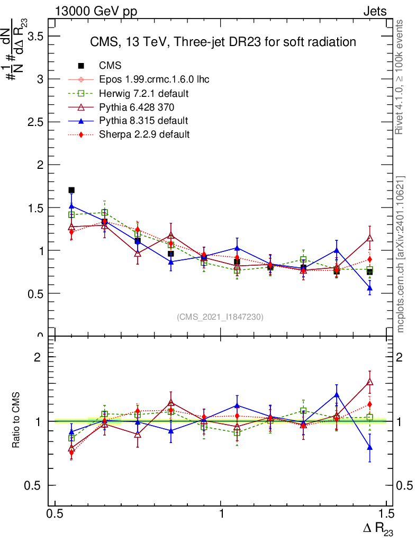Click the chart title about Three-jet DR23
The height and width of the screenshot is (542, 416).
223,42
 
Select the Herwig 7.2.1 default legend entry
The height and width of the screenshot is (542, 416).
144,93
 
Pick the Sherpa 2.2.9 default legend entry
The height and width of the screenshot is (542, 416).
144,134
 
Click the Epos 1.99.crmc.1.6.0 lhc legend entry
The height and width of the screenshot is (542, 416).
154,79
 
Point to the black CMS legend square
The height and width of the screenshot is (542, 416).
82,66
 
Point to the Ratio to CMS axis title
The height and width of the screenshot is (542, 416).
16,421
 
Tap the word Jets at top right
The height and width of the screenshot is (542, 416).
374,12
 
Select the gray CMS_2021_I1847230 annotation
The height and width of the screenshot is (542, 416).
220,317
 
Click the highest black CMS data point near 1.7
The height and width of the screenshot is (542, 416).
71,190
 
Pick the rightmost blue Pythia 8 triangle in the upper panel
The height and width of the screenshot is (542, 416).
370,288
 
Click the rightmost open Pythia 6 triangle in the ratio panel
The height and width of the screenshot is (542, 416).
370,382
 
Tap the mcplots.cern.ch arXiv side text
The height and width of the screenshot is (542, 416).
401,254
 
